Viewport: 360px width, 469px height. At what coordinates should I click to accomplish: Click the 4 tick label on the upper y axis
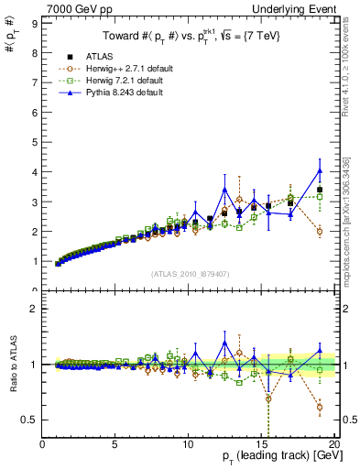(33, 172)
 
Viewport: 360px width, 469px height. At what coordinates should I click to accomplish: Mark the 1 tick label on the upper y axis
(33, 261)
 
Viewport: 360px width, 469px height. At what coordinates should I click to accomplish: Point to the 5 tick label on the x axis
(115, 446)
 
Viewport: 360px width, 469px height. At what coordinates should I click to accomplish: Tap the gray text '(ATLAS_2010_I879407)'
(189, 273)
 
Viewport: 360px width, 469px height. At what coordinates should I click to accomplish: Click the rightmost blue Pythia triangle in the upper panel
(319, 170)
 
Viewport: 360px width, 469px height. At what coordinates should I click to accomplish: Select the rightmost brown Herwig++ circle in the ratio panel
(319, 407)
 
